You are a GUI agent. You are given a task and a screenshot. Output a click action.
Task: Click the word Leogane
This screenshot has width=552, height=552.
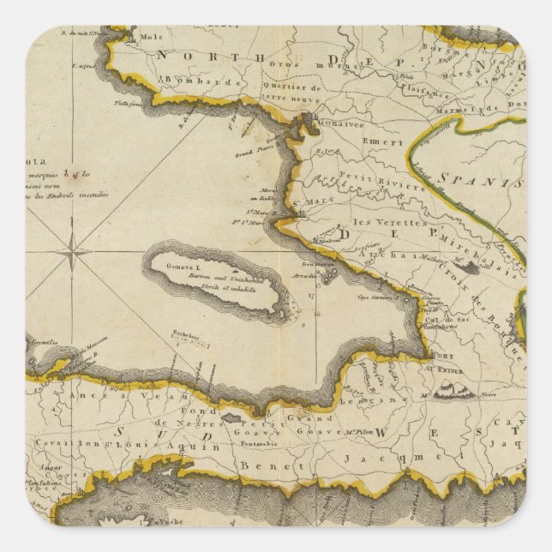pos(378,399)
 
